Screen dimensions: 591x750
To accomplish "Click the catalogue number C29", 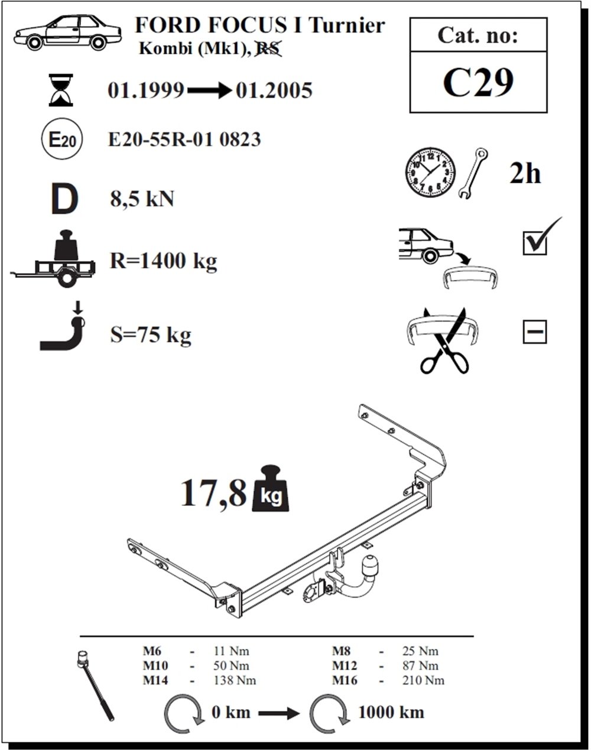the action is pos(478,83).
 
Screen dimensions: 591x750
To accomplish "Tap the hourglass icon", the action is pos(61,90).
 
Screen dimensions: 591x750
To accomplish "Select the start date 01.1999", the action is pos(146,90).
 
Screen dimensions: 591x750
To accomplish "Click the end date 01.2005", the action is pos(274,90).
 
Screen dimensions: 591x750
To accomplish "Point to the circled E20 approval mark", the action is pos(62,139).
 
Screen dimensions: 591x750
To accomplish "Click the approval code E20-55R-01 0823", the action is pos(184,139).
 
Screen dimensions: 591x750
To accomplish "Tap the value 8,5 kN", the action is pos(142,200).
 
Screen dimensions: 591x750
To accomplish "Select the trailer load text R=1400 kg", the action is pos(164,261).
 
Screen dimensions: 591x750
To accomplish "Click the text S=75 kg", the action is pos(151,335).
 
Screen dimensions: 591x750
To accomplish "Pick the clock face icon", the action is pos(430,172).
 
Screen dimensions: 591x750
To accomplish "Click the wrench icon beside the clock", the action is pos(473,174).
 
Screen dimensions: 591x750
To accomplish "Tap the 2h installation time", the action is pos(525,173).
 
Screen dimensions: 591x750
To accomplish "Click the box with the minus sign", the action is pos(535,332).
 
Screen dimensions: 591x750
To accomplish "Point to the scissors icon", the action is pos(444,341).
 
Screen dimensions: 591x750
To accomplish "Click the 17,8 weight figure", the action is pos(213,492).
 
